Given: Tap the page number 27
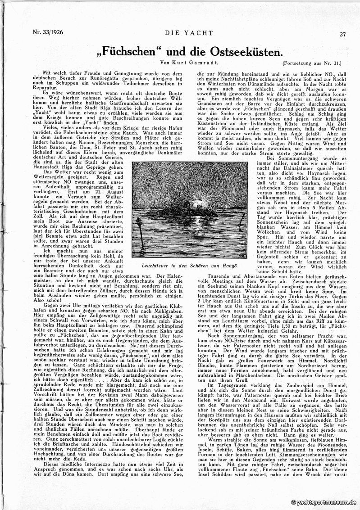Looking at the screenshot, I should (343, 34).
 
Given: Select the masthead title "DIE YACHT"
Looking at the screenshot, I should (180, 33).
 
